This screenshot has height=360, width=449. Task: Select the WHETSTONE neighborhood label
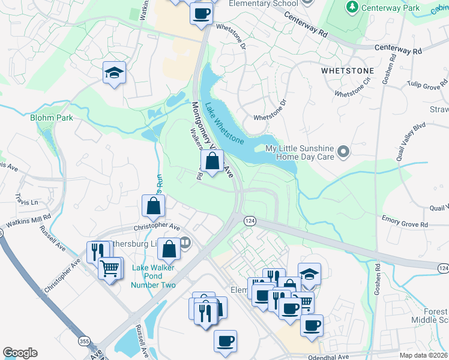(x=348, y=71)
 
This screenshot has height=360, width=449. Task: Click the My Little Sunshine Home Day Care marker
(x=343, y=152)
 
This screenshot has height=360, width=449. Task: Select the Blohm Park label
(x=52, y=118)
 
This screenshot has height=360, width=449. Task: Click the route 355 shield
(x=83, y=341)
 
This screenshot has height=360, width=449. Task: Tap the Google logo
(x=20, y=353)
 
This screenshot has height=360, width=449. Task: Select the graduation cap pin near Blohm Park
(x=114, y=73)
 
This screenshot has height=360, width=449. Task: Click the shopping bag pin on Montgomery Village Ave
(x=212, y=161)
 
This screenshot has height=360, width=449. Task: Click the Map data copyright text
(x=424, y=355)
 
